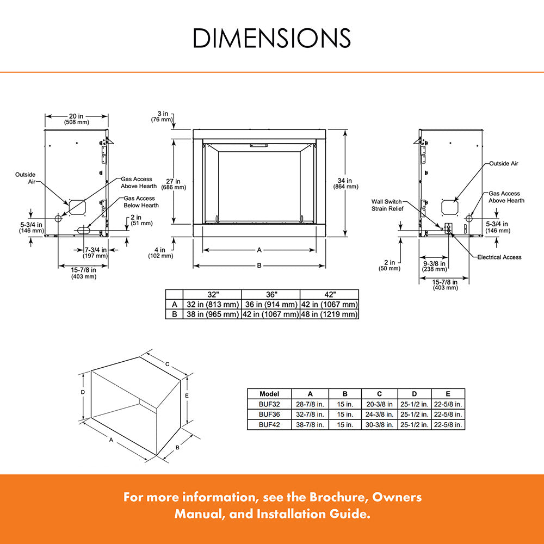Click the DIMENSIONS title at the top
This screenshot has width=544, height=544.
click(x=272, y=38)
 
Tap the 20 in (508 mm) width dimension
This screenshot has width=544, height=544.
click(x=76, y=119)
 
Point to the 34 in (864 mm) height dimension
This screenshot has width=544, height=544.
click(x=345, y=183)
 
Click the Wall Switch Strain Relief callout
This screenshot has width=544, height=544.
click(x=387, y=205)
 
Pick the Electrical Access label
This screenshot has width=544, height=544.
click(x=499, y=257)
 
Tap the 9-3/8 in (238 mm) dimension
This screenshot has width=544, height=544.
click(x=434, y=265)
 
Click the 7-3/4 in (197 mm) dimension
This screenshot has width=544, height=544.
click(x=95, y=252)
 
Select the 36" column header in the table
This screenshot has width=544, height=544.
click(x=270, y=294)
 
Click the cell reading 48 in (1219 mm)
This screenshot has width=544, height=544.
click(x=329, y=314)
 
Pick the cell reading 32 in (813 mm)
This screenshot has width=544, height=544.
click(x=212, y=304)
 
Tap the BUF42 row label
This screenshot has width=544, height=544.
click(x=269, y=424)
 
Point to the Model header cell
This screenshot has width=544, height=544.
click(x=269, y=393)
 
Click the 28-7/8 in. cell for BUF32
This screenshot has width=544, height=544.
click(x=310, y=404)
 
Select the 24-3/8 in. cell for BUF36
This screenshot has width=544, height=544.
click(x=380, y=415)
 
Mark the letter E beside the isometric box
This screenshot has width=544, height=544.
click(x=187, y=395)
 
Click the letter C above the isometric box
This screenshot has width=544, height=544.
click(x=168, y=363)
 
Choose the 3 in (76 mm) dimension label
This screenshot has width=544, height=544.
click(x=163, y=116)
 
